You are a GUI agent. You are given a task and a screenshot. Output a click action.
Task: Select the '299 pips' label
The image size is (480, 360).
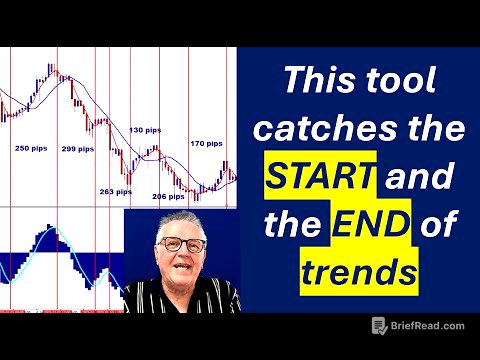pyautogui.click(x=78, y=148)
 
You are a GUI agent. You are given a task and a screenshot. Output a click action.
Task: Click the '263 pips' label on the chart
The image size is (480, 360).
pyautogui.click(x=116, y=191)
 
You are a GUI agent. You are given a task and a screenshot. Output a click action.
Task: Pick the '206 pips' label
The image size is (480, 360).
pyautogui.click(x=167, y=197)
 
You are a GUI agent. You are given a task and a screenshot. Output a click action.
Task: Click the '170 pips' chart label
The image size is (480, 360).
pyautogui.click(x=206, y=143)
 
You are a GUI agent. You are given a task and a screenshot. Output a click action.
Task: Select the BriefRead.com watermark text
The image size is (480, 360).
pyautogui.click(x=429, y=324)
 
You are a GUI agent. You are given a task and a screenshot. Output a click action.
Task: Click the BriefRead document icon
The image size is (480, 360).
pyautogui.click(x=379, y=324)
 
